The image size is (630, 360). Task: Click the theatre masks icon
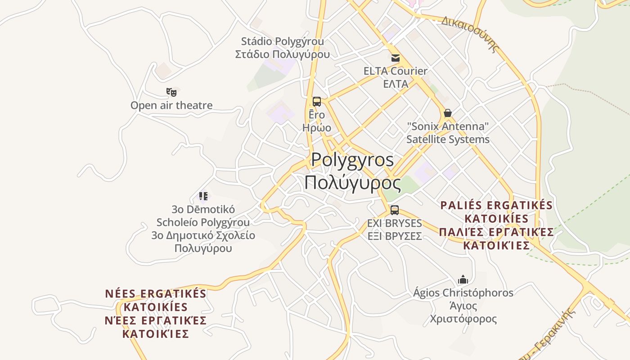(x=171, y=92)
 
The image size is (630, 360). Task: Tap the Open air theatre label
(x=171, y=105)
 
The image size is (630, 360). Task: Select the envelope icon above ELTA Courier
(x=396, y=58)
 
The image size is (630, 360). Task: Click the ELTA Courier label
(x=396, y=71)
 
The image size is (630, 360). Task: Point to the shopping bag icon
(x=447, y=113)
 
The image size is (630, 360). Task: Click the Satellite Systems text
(x=448, y=139)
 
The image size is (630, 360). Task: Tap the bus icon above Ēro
(x=317, y=102)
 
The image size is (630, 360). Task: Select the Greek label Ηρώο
(x=317, y=128)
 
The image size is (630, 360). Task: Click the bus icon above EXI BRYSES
(x=395, y=210)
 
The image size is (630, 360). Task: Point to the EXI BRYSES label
(x=395, y=223)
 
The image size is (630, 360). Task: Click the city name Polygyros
(x=352, y=160)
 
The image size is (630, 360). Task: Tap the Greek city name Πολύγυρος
(x=352, y=183)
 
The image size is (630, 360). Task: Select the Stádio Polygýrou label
(x=283, y=41)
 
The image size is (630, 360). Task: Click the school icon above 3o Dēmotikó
(x=203, y=196)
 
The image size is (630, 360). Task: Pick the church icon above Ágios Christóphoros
(x=463, y=279)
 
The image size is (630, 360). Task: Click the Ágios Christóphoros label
(x=463, y=293)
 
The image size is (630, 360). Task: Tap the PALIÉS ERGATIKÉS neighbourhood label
(x=496, y=206)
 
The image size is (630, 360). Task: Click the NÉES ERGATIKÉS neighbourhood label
(x=156, y=294)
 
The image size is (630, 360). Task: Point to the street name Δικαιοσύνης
(x=471, y=34)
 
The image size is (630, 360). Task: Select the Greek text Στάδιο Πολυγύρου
(x=283, y=54)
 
